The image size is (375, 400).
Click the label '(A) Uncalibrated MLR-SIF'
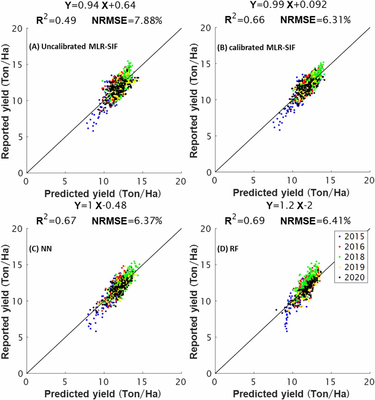tap(73, 47)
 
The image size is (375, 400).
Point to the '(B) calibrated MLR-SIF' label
tap(256, 48)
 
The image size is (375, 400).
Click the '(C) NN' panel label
tap(40, 249)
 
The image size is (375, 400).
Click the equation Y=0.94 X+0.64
tap(100, 5)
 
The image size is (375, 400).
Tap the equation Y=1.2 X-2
tap(289, 206)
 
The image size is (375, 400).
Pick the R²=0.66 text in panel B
tap(244, 20)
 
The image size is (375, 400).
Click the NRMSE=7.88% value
tap(127, 21)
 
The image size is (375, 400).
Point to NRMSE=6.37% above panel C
tap(127, 221)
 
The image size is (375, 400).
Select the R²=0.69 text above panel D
tap(244, 221)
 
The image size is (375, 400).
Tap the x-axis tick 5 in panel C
tap(65, 382)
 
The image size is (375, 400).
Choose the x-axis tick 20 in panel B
tap(369, 180)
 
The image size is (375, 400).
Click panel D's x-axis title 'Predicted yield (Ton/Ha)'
tap(291, 394)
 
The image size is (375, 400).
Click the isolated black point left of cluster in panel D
tap(276, 310)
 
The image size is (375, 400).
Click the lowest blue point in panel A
tap(93, 131)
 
